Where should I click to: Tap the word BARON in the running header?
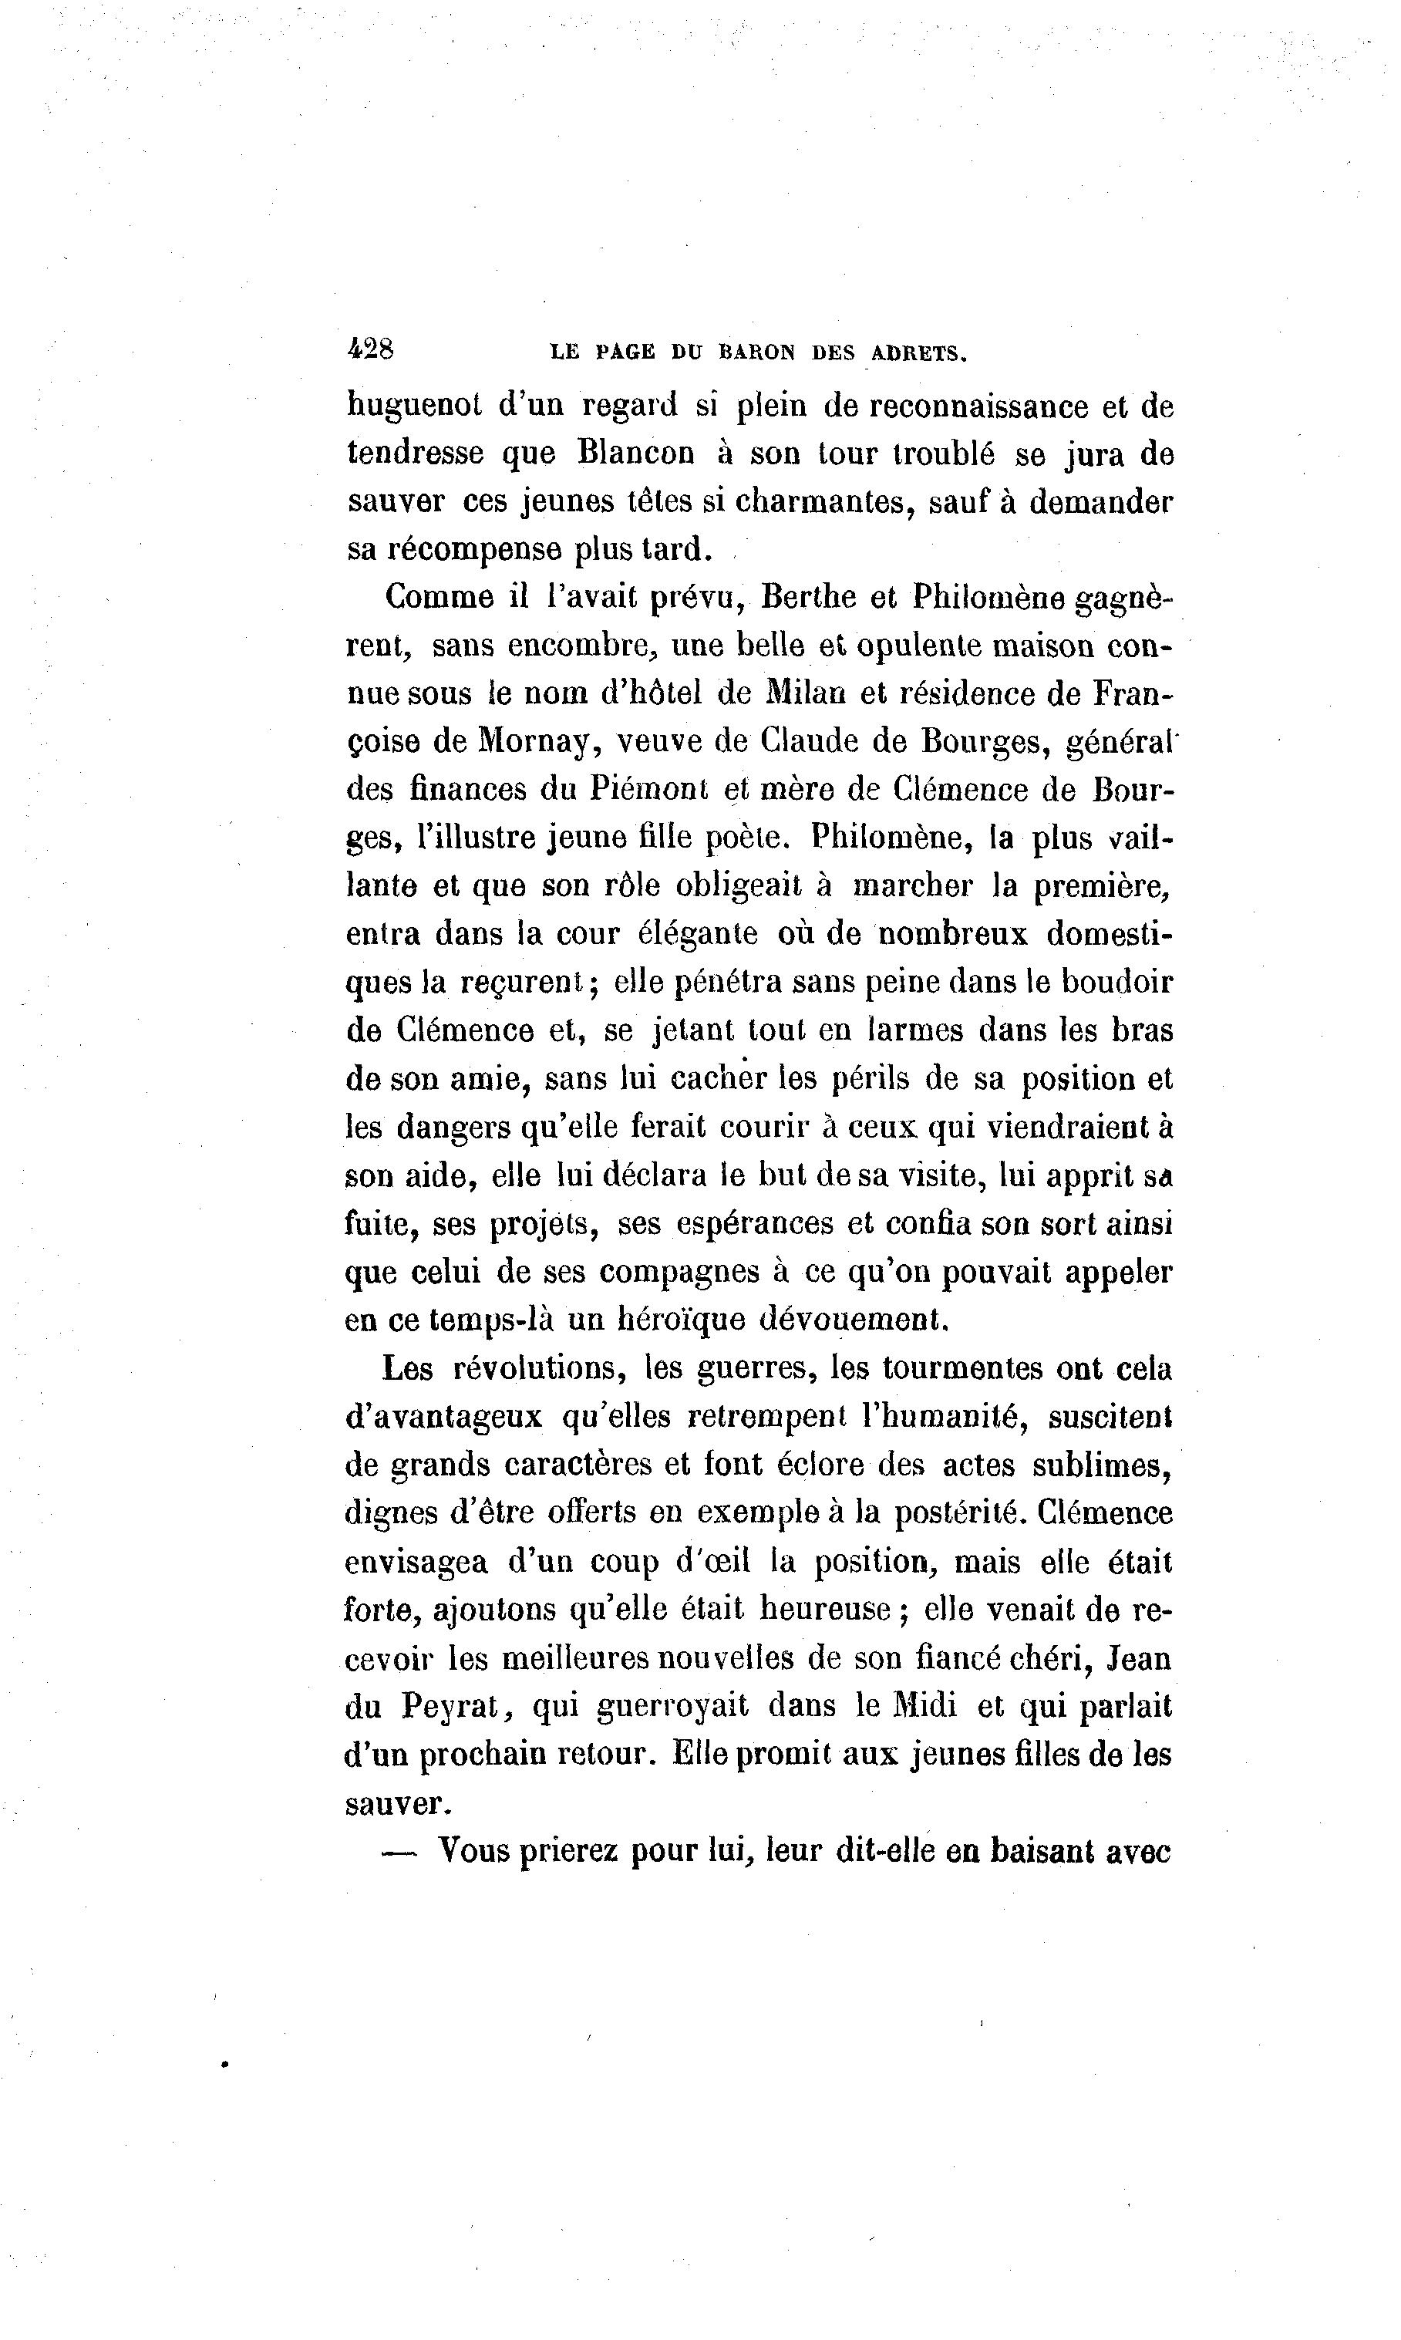(758, 354)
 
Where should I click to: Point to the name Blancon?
(635, 454)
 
